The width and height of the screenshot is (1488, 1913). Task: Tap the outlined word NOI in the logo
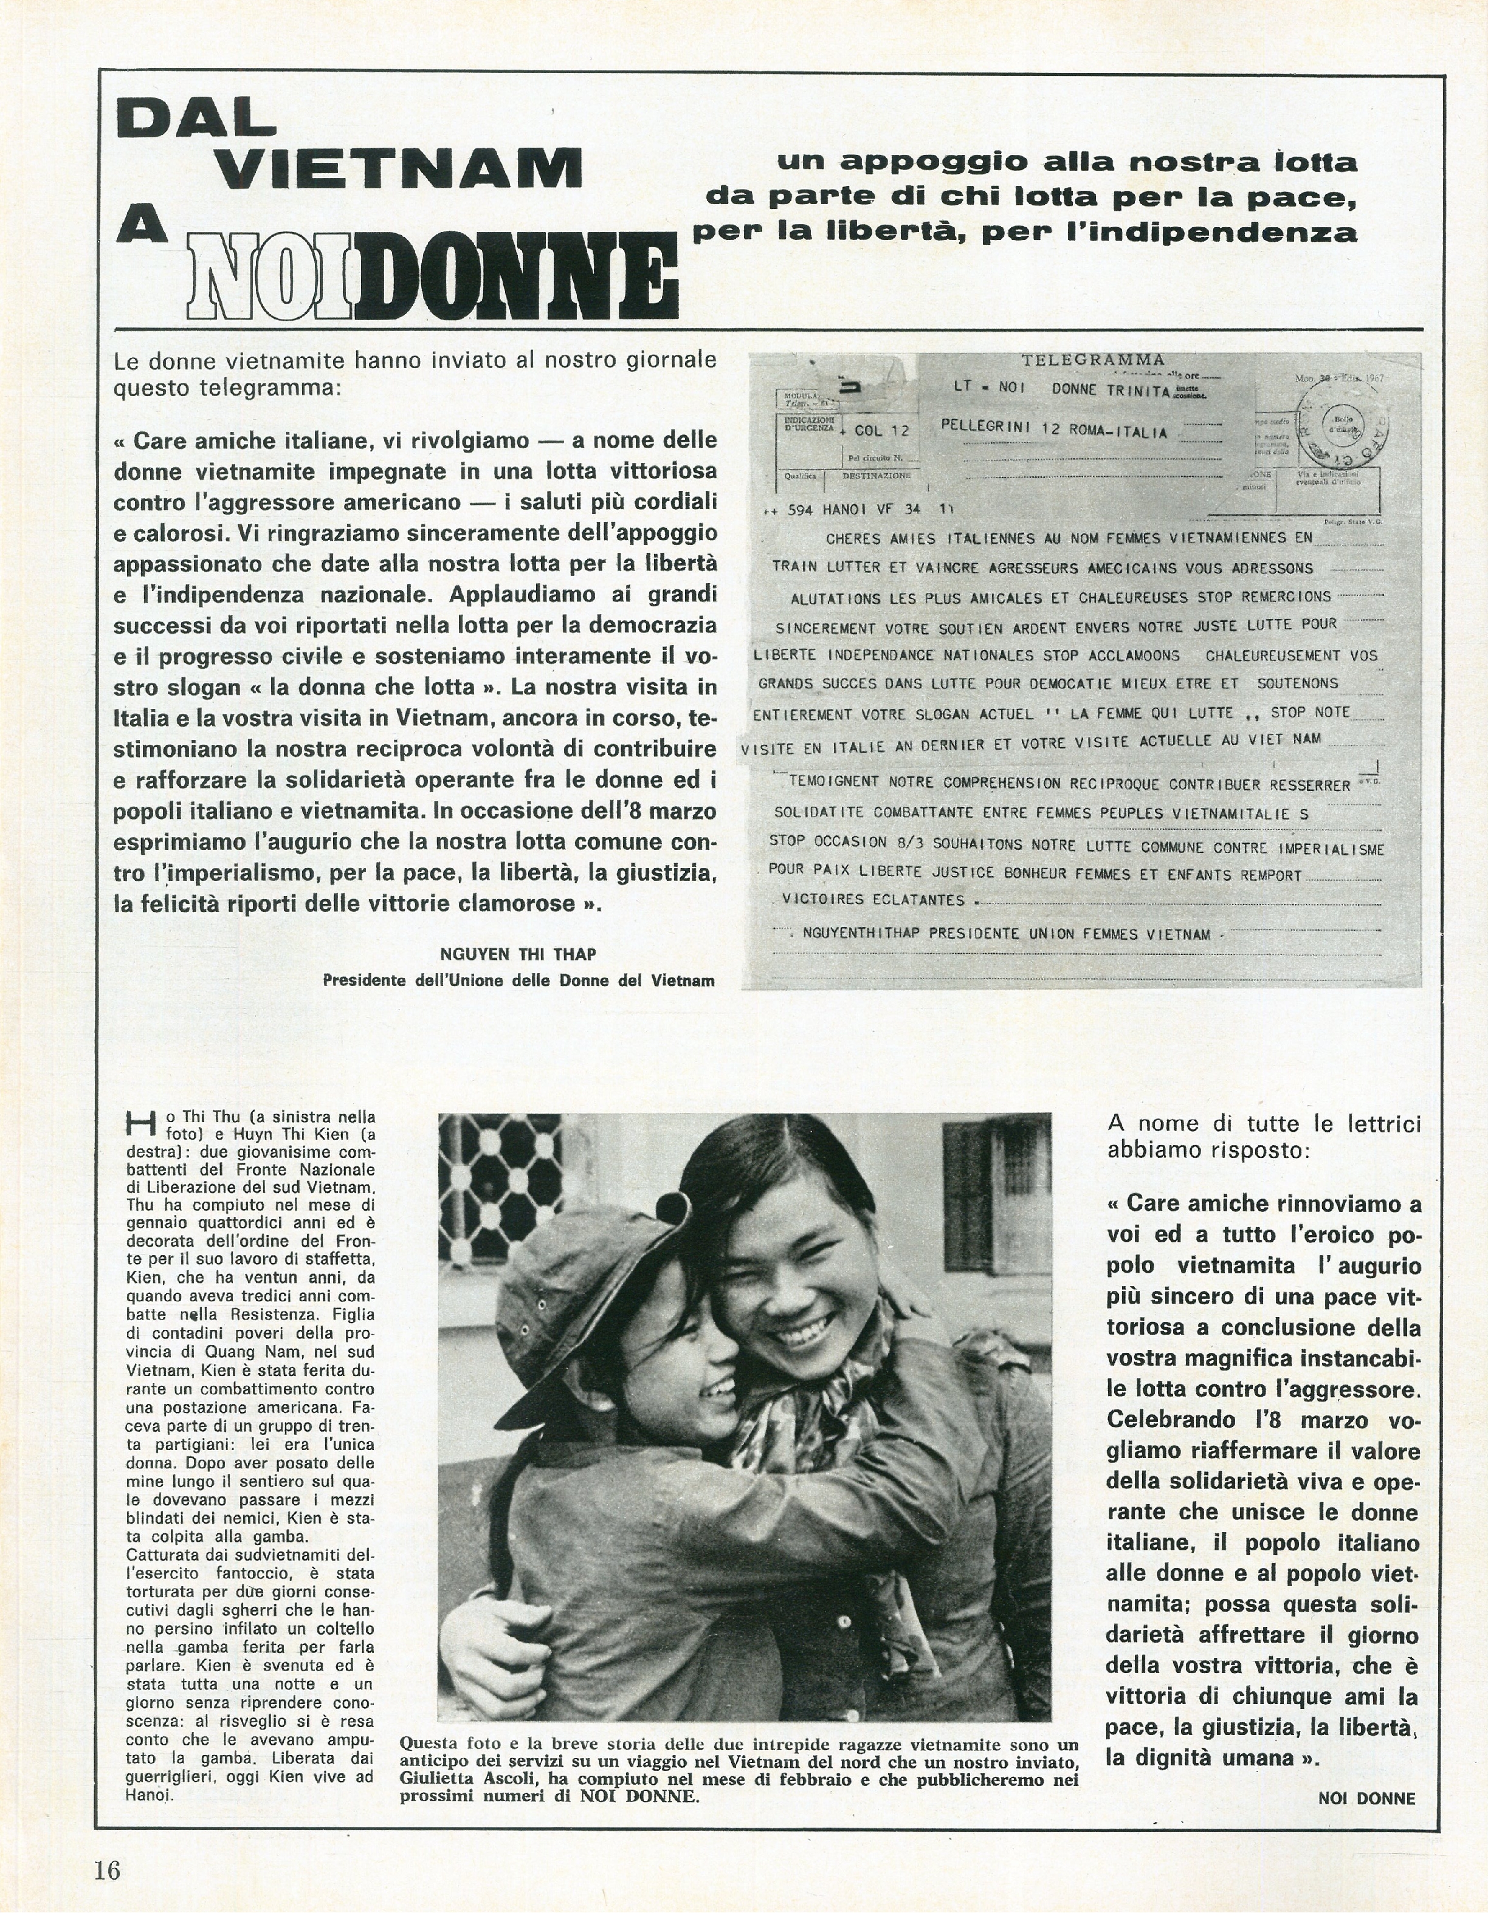(270, 276)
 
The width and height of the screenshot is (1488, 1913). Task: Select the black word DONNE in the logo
(516, 276)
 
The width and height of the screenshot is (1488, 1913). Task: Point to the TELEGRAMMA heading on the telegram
(1092, 359)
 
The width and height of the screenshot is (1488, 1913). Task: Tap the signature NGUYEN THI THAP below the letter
(518, 953)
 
